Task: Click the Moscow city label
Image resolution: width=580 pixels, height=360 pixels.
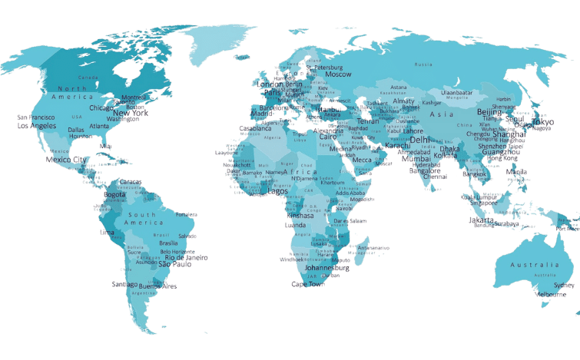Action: tap(338, 74)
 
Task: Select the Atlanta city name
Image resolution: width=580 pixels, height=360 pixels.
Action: tap(99, 126)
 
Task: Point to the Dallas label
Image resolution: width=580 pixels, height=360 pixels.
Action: tap(76, 130)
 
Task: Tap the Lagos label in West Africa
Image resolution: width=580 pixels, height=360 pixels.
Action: tap(277, 191)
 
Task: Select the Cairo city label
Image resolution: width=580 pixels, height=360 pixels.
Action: tap(328, 136)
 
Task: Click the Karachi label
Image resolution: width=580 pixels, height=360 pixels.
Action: tap(397, 145)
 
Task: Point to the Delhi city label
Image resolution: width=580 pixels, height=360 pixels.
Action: tap(420, 140)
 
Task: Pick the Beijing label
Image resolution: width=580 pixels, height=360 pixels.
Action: tap(489, 112)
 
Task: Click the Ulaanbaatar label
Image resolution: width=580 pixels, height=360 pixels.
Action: tap(456, 93)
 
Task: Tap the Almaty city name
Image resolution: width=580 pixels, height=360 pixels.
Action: tap(403, 101)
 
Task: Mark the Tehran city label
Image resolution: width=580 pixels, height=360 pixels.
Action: tap(369, 121)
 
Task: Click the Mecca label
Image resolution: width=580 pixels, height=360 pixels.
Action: tap(362, 160)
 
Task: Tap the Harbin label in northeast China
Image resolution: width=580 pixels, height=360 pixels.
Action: tap(503, 99)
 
